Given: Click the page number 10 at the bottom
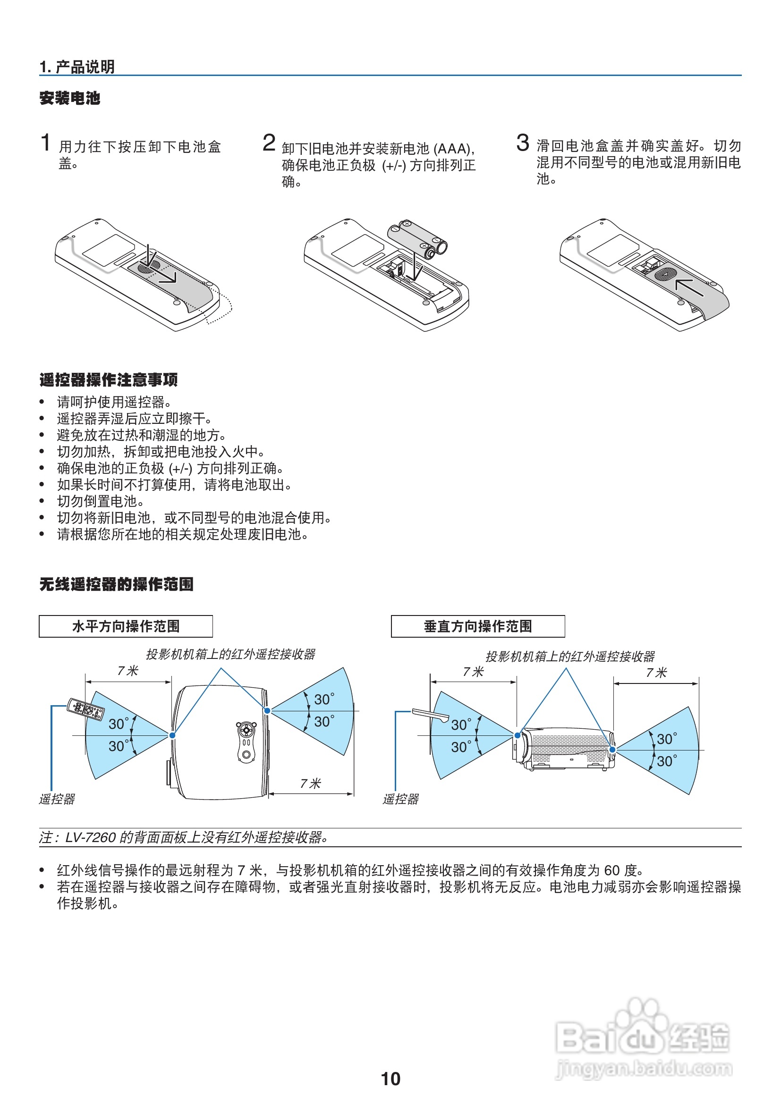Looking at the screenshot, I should (390, 1079).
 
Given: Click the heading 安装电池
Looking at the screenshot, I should (70, 98).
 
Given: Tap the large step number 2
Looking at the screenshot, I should (269, 143).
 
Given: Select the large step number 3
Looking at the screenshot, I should (522, 143).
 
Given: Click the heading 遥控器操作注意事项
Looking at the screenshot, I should (109, 379).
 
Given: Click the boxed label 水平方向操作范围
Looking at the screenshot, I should (126, 626).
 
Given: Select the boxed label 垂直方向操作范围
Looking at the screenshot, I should (477, 626).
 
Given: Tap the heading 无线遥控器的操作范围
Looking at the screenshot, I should (116, 584).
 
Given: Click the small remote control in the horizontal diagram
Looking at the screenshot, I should (85, 708).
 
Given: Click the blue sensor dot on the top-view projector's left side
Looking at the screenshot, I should (172, 735).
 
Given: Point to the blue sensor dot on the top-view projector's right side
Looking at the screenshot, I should (267, 710).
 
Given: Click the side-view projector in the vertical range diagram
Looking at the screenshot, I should (565, 749).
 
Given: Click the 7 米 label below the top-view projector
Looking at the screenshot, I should (310, 784).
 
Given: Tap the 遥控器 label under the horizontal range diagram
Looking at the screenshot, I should (57, 800).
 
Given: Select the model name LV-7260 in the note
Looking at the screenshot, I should (91, 838).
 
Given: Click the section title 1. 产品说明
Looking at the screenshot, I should (77, 67).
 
